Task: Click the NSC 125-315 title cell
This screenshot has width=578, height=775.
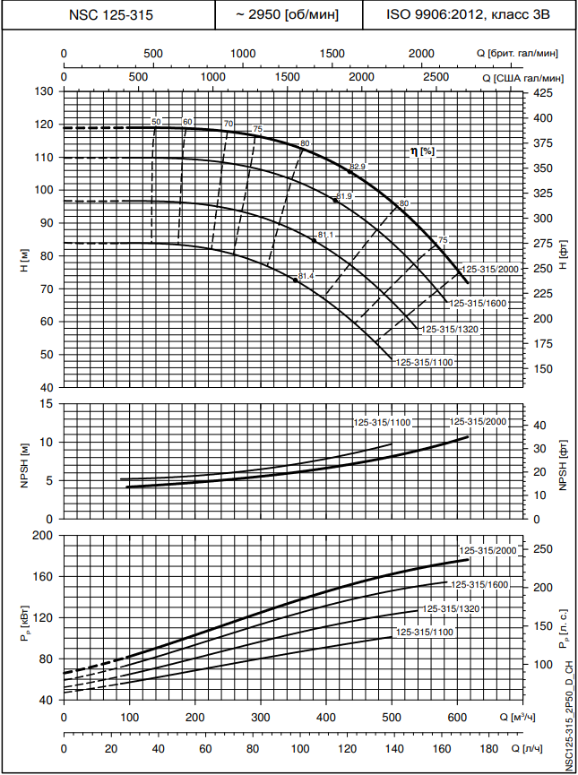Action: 108,15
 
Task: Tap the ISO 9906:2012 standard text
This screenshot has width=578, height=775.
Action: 469,15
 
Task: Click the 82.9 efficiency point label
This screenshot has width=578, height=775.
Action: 358,167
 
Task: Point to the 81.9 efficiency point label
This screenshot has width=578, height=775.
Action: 344,195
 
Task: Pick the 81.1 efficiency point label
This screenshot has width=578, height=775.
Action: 324,235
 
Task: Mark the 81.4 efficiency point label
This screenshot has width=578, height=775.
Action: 306,276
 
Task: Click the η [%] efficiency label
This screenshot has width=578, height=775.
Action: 422,151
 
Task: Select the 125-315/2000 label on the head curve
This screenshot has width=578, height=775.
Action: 490,270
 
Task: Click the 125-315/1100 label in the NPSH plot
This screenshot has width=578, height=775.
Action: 382,422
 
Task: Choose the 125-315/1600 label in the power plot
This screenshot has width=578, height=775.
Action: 479,584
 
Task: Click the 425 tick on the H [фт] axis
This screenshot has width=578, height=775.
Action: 542,93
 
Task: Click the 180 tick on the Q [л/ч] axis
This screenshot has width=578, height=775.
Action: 488,748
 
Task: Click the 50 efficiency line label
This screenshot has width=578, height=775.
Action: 156,122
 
